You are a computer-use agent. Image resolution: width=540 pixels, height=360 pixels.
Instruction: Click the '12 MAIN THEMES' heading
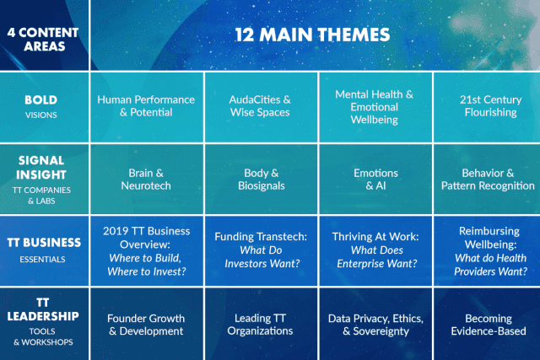coord(312,35)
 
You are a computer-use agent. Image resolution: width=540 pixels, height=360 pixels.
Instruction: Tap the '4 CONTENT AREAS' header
coord(43,40)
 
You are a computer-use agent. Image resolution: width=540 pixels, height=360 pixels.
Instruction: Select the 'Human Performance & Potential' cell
coord(146,106)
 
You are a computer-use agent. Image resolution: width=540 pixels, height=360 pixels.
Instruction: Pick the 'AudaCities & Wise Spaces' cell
coord(261,106)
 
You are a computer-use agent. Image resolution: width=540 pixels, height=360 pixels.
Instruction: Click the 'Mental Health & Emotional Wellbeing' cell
coord(375,107)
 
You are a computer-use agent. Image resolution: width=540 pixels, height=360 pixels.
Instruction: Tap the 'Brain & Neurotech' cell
coord(146,180)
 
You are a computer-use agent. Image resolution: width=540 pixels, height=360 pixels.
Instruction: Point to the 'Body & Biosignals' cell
coord(261,180)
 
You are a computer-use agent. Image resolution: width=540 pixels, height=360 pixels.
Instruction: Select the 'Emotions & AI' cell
coord(375,180)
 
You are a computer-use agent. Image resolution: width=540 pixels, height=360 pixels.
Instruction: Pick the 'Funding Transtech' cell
coord(261,250)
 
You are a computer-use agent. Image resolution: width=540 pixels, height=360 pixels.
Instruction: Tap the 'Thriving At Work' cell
coord(375,250)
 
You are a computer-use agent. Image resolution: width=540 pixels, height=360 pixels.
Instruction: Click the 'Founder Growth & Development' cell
coord(146,325)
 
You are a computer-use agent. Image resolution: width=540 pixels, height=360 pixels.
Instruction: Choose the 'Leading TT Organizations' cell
coord(261,325)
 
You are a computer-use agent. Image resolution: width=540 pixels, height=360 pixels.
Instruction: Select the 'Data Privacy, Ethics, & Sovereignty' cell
coord(375,325)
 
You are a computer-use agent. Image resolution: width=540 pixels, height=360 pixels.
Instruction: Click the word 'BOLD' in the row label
coord(41,99)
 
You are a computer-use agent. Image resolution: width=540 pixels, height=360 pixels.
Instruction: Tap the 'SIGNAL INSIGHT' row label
coord(41,167)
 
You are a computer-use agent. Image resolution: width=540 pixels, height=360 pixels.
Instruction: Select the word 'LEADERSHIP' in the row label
coord(43,316)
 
